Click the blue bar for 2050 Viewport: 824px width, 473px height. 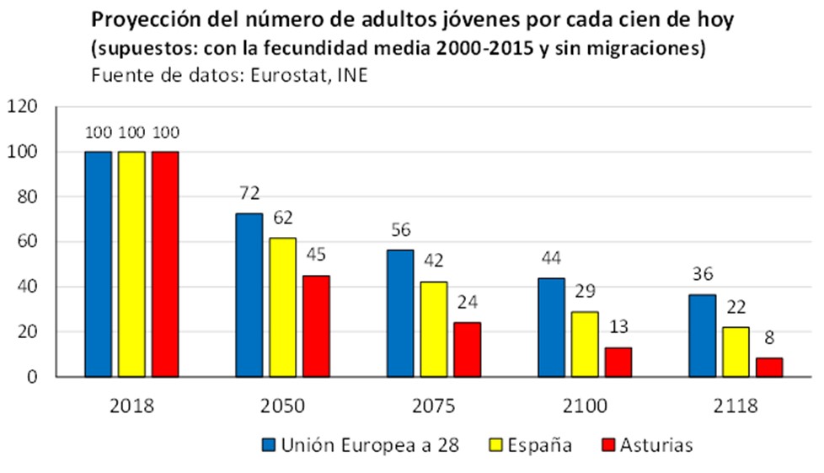coord(249,295)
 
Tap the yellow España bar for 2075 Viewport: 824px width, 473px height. coord(433,329)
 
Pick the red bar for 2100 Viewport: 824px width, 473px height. coord(618,362)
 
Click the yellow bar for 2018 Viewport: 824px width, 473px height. coord(131,264)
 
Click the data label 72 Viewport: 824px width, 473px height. coord(249,194)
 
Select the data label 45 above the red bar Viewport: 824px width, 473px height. coord(317,255)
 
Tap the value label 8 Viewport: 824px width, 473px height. coord(769,338)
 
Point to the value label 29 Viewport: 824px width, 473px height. coord(585,291)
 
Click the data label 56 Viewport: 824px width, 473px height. coord(400,230)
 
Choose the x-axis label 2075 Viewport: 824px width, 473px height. coord(434,406)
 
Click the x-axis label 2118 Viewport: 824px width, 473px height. coord(736,406)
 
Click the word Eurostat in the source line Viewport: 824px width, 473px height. coord(289,75)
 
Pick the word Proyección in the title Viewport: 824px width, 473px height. coord(140,19)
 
